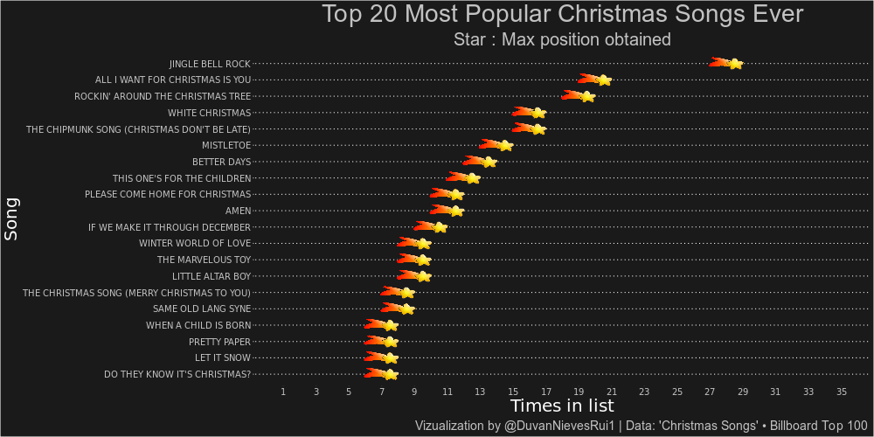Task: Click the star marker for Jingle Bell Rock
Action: (x=735, y=64)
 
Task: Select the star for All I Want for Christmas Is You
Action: (x=603, y=80)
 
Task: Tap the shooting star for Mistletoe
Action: (x=504, y=145)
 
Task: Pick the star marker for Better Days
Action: (x=489, y=162)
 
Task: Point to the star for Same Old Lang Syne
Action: (x=406, y=309)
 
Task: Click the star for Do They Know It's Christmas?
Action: (x=390, y=375)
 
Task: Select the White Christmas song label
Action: (x=209, y=113)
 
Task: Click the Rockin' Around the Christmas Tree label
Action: (x=163, y=96)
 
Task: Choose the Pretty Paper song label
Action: (x=219, y=342)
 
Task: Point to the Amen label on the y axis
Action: (x=238, y=211)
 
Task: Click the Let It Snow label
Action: (x=223, y=358)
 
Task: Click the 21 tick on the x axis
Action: (x=612, y=392)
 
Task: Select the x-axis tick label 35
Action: (x=842, y=392)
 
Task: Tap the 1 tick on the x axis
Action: (x=283, y=392)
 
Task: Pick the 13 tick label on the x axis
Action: (x=480, y=392)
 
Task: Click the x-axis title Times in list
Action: (x=562, y=406)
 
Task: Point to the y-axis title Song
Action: (x=11, y=218)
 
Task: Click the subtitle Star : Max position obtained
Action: (x=562, y=39)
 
